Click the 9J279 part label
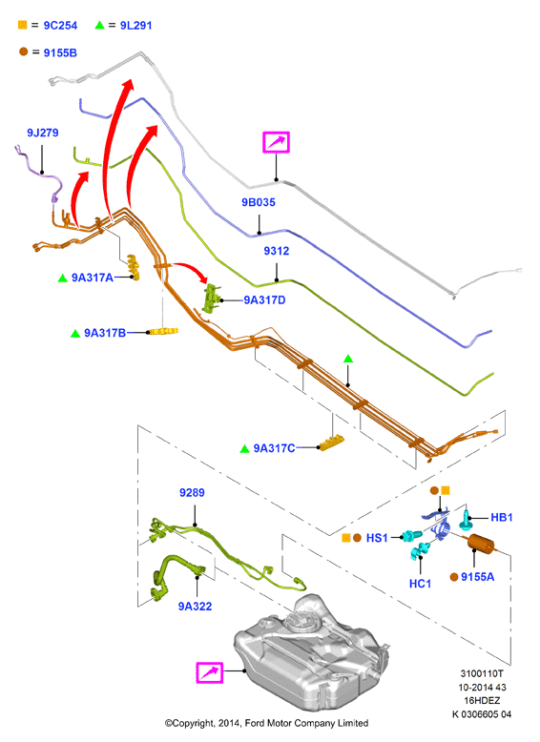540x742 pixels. [43, 133]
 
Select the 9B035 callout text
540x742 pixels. [259, 202]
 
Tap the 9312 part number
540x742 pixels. [277, 251]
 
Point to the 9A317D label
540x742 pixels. [264, 300]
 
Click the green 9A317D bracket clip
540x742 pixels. [212, 299]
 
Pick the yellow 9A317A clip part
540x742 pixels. [134, 267]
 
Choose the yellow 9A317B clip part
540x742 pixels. [163, 331]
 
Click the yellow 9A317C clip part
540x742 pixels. [332, 443]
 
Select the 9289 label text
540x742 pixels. [192, 493]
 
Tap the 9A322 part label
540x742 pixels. [195, 607]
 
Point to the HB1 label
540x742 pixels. [502, 517]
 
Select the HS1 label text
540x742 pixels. [377, 538]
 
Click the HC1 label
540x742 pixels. [420, 584]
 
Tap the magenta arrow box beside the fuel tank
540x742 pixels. [210, 672]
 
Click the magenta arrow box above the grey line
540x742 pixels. [276, 142]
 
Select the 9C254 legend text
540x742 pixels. [60, 26]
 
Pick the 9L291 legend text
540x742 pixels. [135, 26]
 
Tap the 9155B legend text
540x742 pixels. [60, 53]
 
